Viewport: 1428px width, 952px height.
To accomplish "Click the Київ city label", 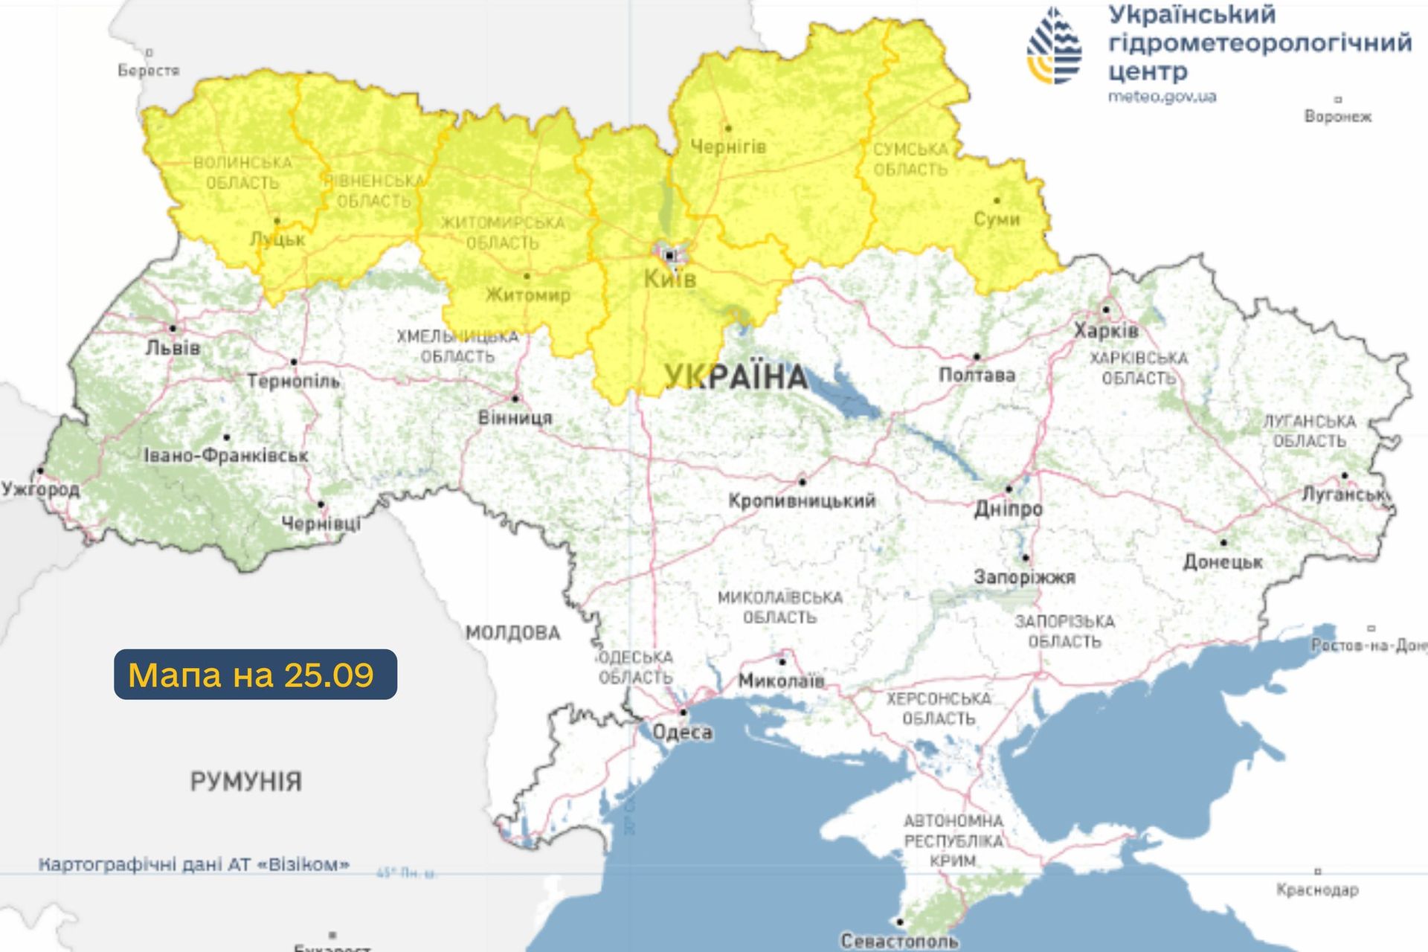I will [669, 280].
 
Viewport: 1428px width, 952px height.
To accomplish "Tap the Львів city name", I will [173, 347].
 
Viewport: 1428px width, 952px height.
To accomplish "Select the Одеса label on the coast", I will [682, 733].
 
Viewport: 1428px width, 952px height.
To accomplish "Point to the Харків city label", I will [1106, 330].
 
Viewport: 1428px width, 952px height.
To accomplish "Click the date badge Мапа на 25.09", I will [254, 675].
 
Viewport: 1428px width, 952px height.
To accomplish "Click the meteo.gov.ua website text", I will [1162, 97].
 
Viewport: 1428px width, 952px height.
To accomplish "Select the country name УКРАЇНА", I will [735, 377].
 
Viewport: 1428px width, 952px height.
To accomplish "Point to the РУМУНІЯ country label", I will [246, 782].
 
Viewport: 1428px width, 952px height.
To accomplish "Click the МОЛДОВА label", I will [512, 633].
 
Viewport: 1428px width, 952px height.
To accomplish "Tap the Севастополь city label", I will [899, 941].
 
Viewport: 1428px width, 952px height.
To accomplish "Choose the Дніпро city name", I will [1009, 509].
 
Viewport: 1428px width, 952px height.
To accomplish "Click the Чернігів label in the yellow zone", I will [727, 147].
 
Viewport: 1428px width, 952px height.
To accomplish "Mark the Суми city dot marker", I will [997, 200].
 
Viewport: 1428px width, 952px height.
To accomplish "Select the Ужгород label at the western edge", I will [40, 489].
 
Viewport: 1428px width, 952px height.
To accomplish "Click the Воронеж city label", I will [1337, 117].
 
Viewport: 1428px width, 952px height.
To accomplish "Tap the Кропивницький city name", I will [801, 501].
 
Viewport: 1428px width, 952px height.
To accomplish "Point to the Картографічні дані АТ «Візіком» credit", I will [193, 864].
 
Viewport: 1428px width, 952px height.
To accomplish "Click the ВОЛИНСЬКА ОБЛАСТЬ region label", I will [242, 173].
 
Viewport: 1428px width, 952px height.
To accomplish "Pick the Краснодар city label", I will [1317, 890].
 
